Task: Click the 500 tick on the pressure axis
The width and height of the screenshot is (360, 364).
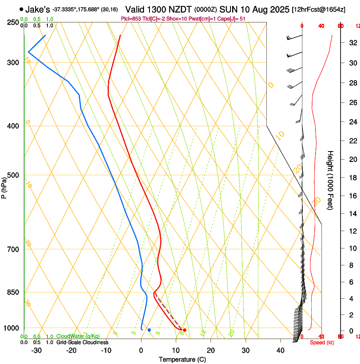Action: coord(13,175)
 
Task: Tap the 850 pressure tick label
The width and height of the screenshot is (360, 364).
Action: coord(13,292)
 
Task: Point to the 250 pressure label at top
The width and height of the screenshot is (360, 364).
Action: coord(13,22)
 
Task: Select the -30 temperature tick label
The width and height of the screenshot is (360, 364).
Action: coord(36,350)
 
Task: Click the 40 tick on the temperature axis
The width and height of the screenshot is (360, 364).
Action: coord(280,350)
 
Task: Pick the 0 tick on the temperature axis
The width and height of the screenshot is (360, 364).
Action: coord(141,350)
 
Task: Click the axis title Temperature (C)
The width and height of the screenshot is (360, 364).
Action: coord(183,360)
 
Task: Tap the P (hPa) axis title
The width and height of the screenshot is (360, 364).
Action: coord(4,187)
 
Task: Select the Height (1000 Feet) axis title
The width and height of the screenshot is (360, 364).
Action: coord(330,180)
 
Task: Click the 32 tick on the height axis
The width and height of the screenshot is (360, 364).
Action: coord(352,43)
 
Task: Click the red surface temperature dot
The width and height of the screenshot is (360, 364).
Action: coord(185,330)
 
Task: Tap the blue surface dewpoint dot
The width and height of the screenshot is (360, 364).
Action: coord(149,330)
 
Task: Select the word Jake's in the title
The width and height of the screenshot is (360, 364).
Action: coord(38,9)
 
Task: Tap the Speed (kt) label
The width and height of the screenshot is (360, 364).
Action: coord(321,342)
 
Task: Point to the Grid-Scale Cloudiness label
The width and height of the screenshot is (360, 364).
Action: coord(82,342)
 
